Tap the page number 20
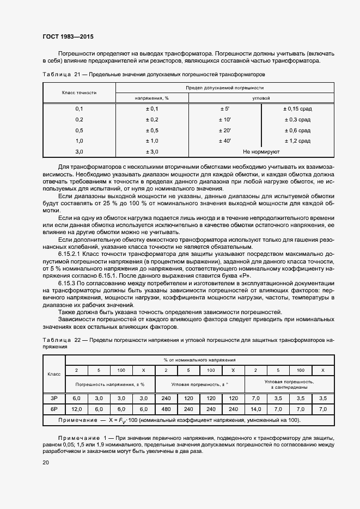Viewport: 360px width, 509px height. click(x=45, y=462)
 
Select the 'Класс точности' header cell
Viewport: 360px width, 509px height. click(x=79, y=93)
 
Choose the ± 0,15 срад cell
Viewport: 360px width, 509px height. click(x=297, y=109)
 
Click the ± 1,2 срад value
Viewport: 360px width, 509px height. click(x=297, y=141)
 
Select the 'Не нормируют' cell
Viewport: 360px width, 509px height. click(x=261, y=152)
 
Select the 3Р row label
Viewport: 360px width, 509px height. click(x=54, y=398)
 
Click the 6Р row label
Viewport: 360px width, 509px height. click(x=54, y=409)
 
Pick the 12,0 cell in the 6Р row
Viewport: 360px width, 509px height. click(x=77, y=409)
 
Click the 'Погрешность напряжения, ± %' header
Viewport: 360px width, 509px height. click(x=110, y=384)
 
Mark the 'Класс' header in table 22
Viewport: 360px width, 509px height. click(x=54, y=375)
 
